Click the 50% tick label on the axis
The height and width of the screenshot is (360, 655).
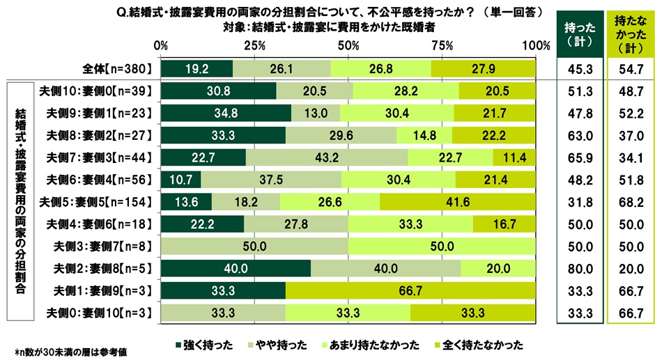point(348,45)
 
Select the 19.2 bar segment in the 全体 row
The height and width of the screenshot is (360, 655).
point(196,68)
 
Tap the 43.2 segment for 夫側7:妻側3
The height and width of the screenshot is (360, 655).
point(327,157)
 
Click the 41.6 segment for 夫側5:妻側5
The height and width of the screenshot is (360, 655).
point(458,202)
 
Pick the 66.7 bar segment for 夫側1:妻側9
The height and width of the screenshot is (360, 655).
point(410,290)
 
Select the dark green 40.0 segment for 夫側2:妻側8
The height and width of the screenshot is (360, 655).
point(235,268)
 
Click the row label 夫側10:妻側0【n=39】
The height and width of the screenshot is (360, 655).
point(98,91)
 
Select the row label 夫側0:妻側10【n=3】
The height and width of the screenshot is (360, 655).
point(99,313)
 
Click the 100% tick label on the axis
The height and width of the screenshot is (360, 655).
point(535,45)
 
